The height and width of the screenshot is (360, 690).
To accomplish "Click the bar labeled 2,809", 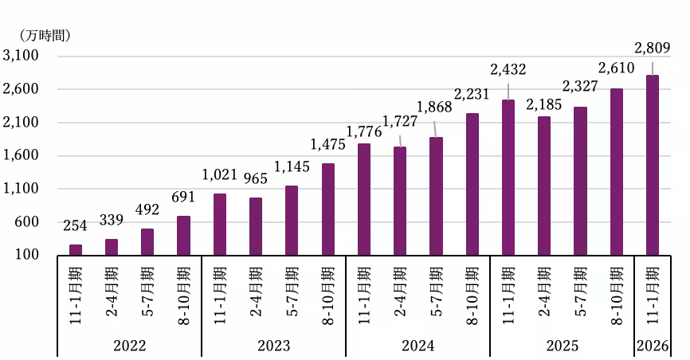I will click(x=652, y=165).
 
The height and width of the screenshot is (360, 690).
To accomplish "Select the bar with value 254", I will click(x=76, y=250).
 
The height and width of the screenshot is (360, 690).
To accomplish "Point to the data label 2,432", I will click(x=508, y=70).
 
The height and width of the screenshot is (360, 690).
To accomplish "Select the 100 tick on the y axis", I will click(x=26, y=255).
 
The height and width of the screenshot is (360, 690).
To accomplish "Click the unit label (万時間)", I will click(x=44, y=35).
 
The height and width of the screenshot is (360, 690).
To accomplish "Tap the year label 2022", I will click(x=129, y=346).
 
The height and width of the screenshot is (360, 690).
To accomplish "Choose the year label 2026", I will click(x=652, y=346).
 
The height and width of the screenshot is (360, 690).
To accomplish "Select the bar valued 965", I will click(x=255, y=226).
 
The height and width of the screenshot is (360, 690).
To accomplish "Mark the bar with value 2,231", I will click(x=472, y=184).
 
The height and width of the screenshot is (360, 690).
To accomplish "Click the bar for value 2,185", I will click(x=543, y=186).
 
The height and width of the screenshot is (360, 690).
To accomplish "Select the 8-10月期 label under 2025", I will click(x=616, y=294).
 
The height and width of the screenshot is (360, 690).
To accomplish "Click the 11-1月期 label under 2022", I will click(x=76, y=294).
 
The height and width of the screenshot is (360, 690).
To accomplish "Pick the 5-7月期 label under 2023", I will click(x=292, y=294).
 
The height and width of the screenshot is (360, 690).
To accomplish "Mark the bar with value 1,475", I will click(x=327, y=209).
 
